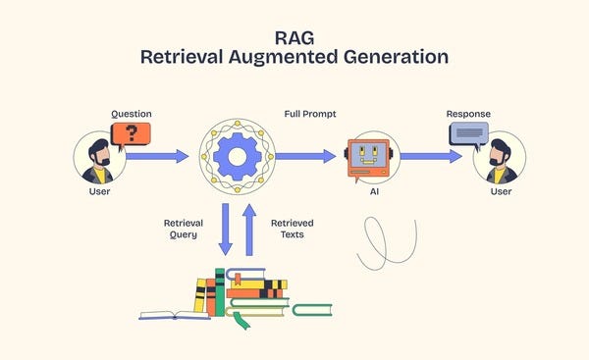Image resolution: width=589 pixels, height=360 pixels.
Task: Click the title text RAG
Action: coord(294,35)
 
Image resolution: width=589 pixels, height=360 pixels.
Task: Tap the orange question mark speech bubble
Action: coord(131,135)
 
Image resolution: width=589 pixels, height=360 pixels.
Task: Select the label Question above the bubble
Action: coord(131,114)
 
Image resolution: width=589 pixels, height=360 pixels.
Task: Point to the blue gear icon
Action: coord(236,156)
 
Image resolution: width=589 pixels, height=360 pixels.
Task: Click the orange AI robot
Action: coord(369,157)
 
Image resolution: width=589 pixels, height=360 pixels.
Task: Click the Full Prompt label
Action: coord(310,115)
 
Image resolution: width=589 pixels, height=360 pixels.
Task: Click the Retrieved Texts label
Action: coord(292,229)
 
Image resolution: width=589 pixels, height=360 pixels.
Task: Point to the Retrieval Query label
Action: coord(183,229)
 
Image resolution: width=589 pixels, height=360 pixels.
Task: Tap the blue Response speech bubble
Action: coord(467,132)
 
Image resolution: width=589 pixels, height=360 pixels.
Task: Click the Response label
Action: coord(467,114)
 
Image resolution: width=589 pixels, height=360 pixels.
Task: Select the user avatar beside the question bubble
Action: coord(99,159)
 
